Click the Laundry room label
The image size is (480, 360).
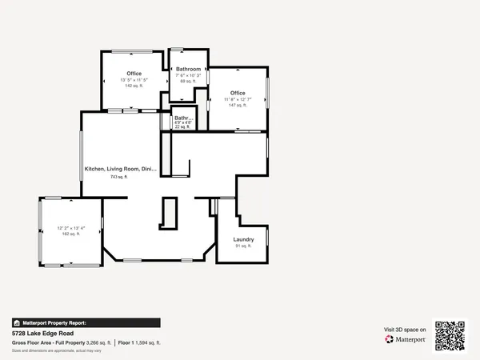pyautogui.click(x=243, y=239)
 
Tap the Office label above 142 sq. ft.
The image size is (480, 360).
pyautogui.click(x=134, y=74)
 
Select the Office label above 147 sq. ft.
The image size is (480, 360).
pyautogui.click(x=238, y=93)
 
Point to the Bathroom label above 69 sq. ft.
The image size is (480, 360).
pyautogui.click(x=188, y=70)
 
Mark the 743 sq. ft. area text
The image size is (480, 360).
pyautogui.click(x=119, y=177)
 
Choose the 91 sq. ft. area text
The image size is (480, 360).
pyautogui.click(x=243, y=246)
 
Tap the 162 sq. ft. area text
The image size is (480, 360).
pyautogui.click(x=71, y=234)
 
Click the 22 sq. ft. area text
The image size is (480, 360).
pyautogui.click(x=182, y=126)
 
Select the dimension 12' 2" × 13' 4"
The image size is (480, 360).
pyautogui.click(x=71, y=228)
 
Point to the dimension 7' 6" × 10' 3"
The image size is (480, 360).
pyautogui.click(x=188, y=75)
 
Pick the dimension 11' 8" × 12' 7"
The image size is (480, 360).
pyautogui.click(x=238, y=99)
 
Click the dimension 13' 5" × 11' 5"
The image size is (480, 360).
pyautogui.click(x=134, y=80)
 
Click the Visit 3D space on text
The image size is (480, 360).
pyautogui.click(x=406, y=330)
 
